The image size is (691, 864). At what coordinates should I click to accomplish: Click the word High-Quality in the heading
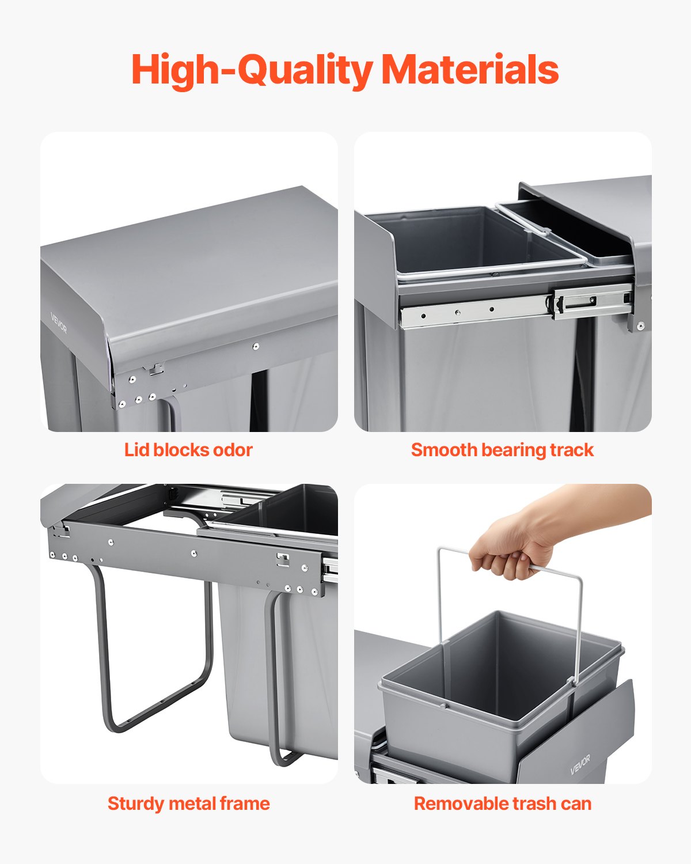click(252, 70)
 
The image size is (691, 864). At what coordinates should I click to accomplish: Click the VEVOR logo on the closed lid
click(59, 323)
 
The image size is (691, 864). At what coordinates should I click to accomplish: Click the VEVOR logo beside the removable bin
click(580, 765)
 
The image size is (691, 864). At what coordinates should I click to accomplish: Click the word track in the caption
click(572, 450)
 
